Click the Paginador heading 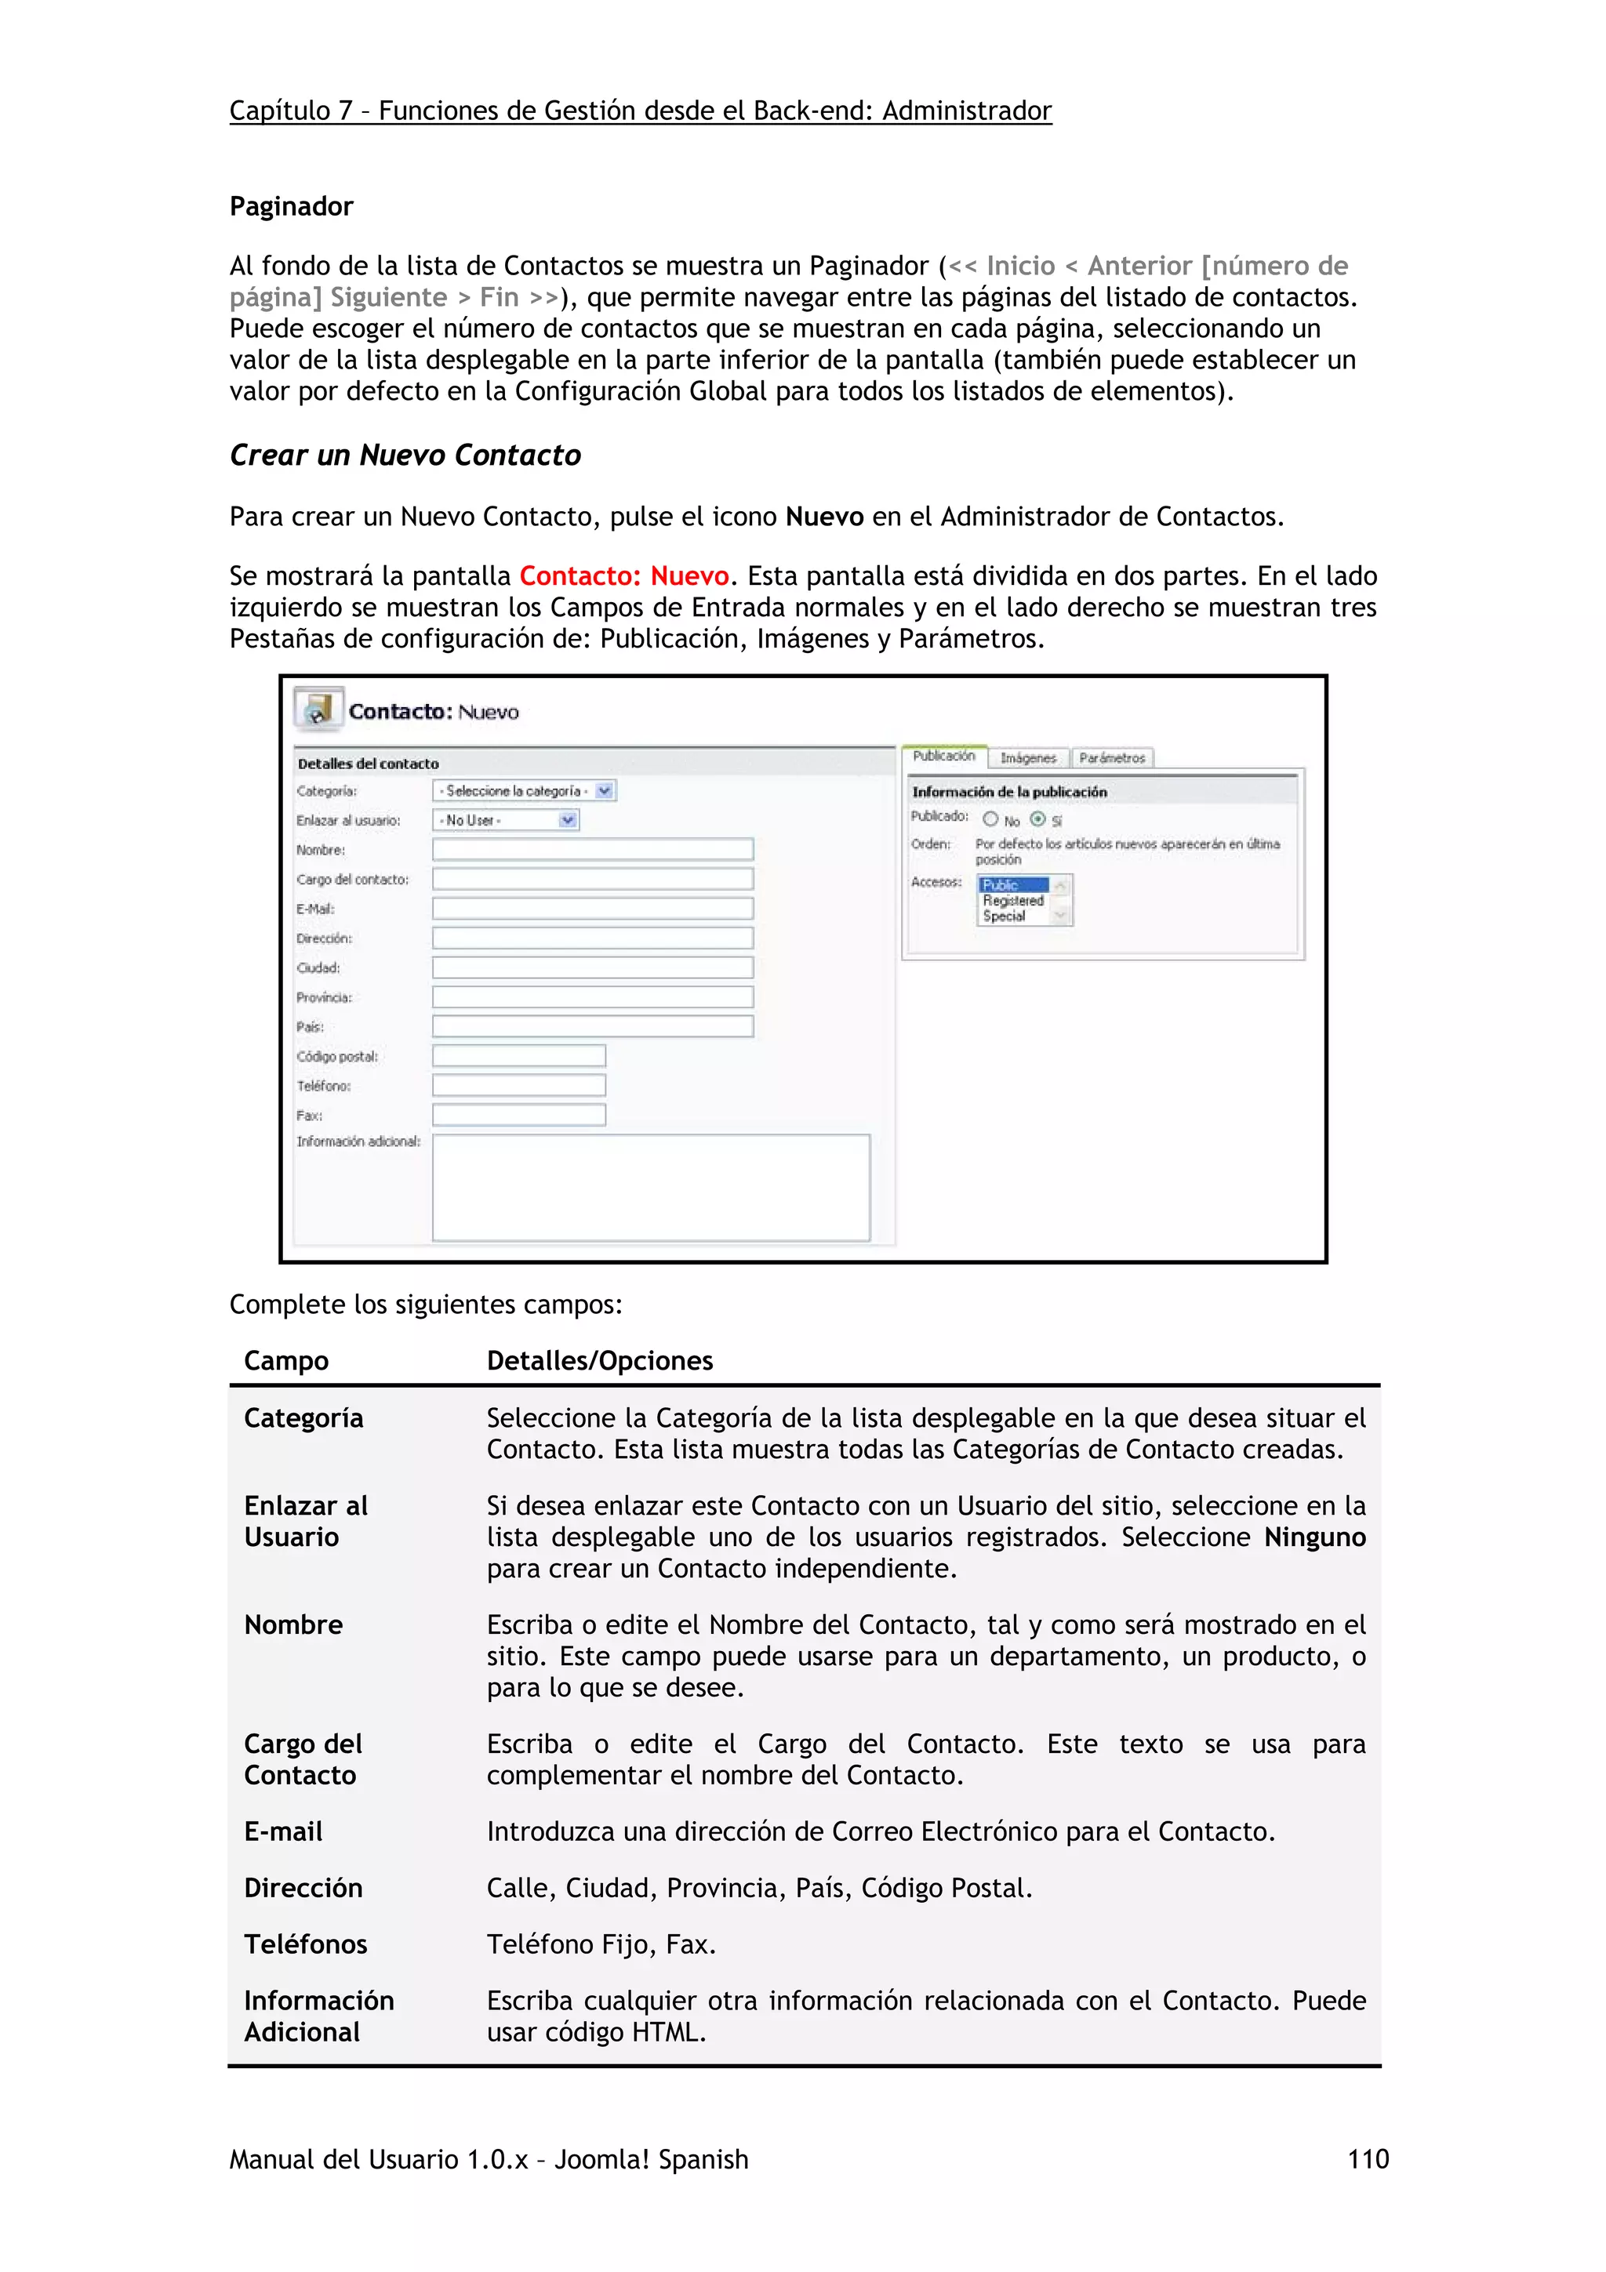pos(291,206)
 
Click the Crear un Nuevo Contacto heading pos(405,455)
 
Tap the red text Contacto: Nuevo pos(623,576)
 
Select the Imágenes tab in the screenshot pos(1027,758)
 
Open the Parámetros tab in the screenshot pos(1111,758)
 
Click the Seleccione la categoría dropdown pos(525,790)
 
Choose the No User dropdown pos(506,820)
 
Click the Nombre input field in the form pos(592,849)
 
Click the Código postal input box pos(518,1056)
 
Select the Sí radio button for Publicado pos(1037,819)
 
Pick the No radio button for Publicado pos(990,819)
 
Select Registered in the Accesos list pos(1012,901)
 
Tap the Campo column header pos(286,1361)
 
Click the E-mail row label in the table pos(283,1831)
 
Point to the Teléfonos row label pos(305,1944)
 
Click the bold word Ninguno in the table pos(1314,1537)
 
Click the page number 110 pos(1368,2159)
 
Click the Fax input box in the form pos(518,1115)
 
